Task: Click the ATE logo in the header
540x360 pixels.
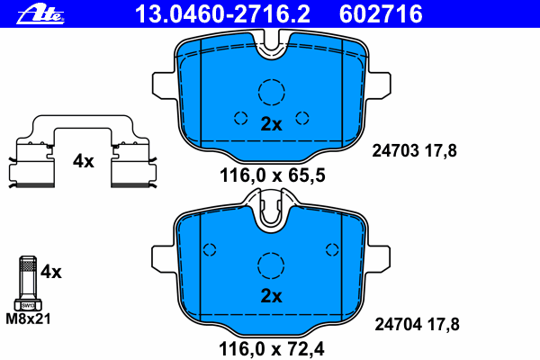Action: click(x=40, y=14)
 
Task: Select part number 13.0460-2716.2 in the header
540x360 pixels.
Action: click(x=222, y=14)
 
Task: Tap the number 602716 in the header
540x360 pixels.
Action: click(x=381, y=14)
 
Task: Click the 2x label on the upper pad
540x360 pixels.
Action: click(x=271, y=124)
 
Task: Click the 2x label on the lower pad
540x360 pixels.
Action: click(x=271, y=295)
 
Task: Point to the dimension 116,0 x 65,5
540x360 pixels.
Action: click(x=272, y=175)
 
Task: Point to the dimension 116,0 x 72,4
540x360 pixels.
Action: click(x=272, y=349)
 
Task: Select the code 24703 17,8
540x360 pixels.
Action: click(x=414, y=151)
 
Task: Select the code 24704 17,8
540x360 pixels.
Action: click(x=417, y=325)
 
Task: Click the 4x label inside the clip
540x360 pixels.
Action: click(x=83, y=161)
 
